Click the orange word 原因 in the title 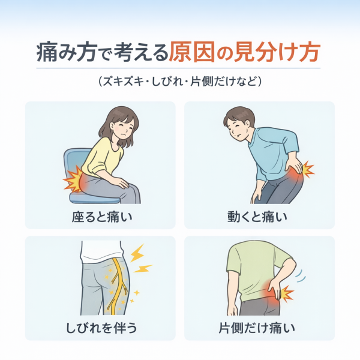[192, 52]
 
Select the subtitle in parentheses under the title [180, 81]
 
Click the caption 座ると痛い [102, 217]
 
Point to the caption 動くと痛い [257, 217]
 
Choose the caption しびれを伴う [101, 328]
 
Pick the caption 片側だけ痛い [257, 328]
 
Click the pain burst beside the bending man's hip [307, 169]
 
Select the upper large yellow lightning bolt [137, 253]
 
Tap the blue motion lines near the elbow [301, 276]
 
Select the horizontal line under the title [178, 68]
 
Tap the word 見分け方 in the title [277, 52]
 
